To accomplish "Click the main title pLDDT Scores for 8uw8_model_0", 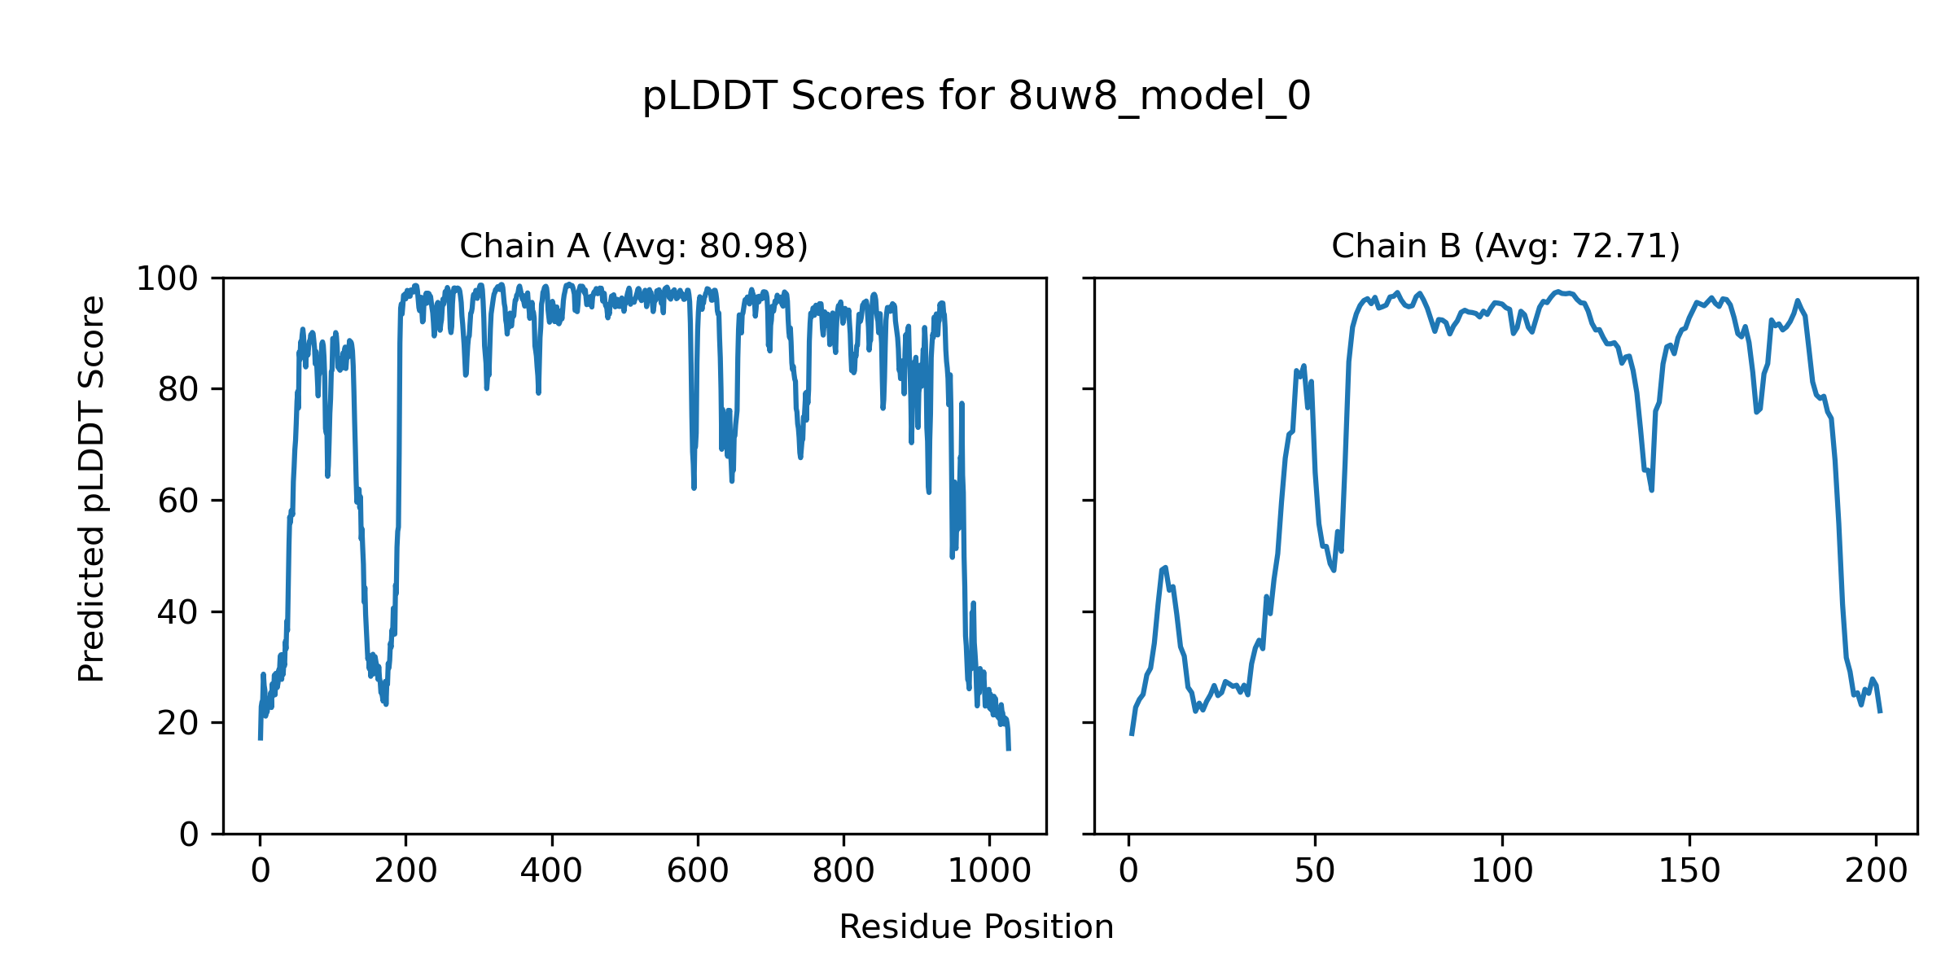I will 976,97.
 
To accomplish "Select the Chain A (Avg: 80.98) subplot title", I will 633,246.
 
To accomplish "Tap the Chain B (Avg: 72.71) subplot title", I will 1505,246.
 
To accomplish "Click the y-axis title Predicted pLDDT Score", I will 92,488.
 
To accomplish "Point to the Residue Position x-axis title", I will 976,927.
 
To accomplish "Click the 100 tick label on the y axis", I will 167,279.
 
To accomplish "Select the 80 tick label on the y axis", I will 178,390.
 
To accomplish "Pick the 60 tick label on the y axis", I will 178,501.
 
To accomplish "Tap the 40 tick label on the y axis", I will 178,612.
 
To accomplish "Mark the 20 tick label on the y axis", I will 178,723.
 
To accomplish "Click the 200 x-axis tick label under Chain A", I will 405,871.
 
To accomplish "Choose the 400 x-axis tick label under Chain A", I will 551,871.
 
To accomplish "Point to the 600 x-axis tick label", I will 698,871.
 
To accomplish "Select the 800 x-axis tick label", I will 843,871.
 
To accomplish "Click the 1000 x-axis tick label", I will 989,871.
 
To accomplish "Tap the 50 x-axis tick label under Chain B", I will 1315,871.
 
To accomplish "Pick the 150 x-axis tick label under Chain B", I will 1689,871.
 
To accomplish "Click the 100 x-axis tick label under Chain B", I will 1502,871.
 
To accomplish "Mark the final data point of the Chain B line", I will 1880,712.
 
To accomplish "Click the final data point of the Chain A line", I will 1009,749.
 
